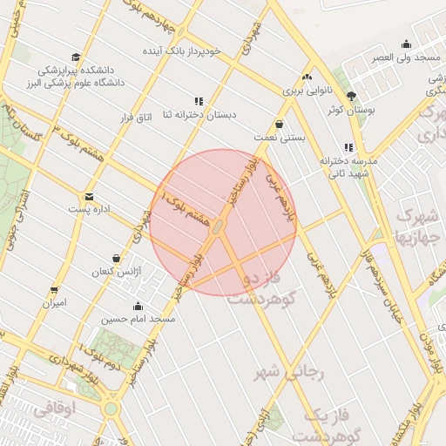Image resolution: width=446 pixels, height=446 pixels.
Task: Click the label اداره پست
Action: point(91,211)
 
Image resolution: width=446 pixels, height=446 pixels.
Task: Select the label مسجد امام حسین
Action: point(139,320)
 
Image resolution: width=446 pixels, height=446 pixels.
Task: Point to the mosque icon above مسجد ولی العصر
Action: point(406,44)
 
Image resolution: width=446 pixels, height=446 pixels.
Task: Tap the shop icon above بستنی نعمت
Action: point(279,124)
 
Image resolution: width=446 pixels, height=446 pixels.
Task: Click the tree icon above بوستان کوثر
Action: point(351,96)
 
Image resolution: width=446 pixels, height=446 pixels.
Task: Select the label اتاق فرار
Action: point(134,115)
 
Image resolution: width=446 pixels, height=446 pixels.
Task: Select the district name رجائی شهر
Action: point(288,373)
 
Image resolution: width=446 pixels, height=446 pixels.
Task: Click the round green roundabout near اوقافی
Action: point(110,409)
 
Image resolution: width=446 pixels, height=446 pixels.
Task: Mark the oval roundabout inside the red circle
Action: point(219,226)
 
